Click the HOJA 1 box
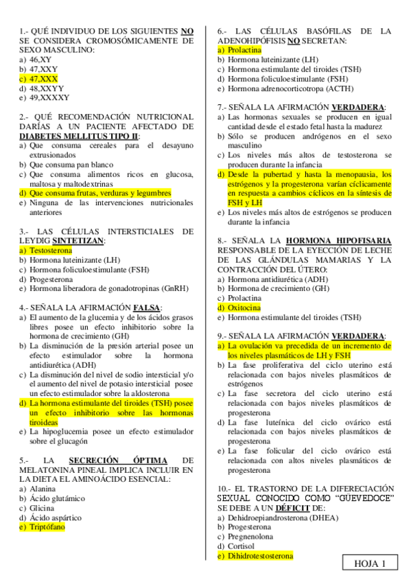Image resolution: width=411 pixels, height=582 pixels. point(371,563)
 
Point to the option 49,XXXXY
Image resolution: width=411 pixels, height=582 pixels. point(48,98)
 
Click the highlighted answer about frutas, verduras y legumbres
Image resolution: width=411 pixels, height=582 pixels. point(95,194)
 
